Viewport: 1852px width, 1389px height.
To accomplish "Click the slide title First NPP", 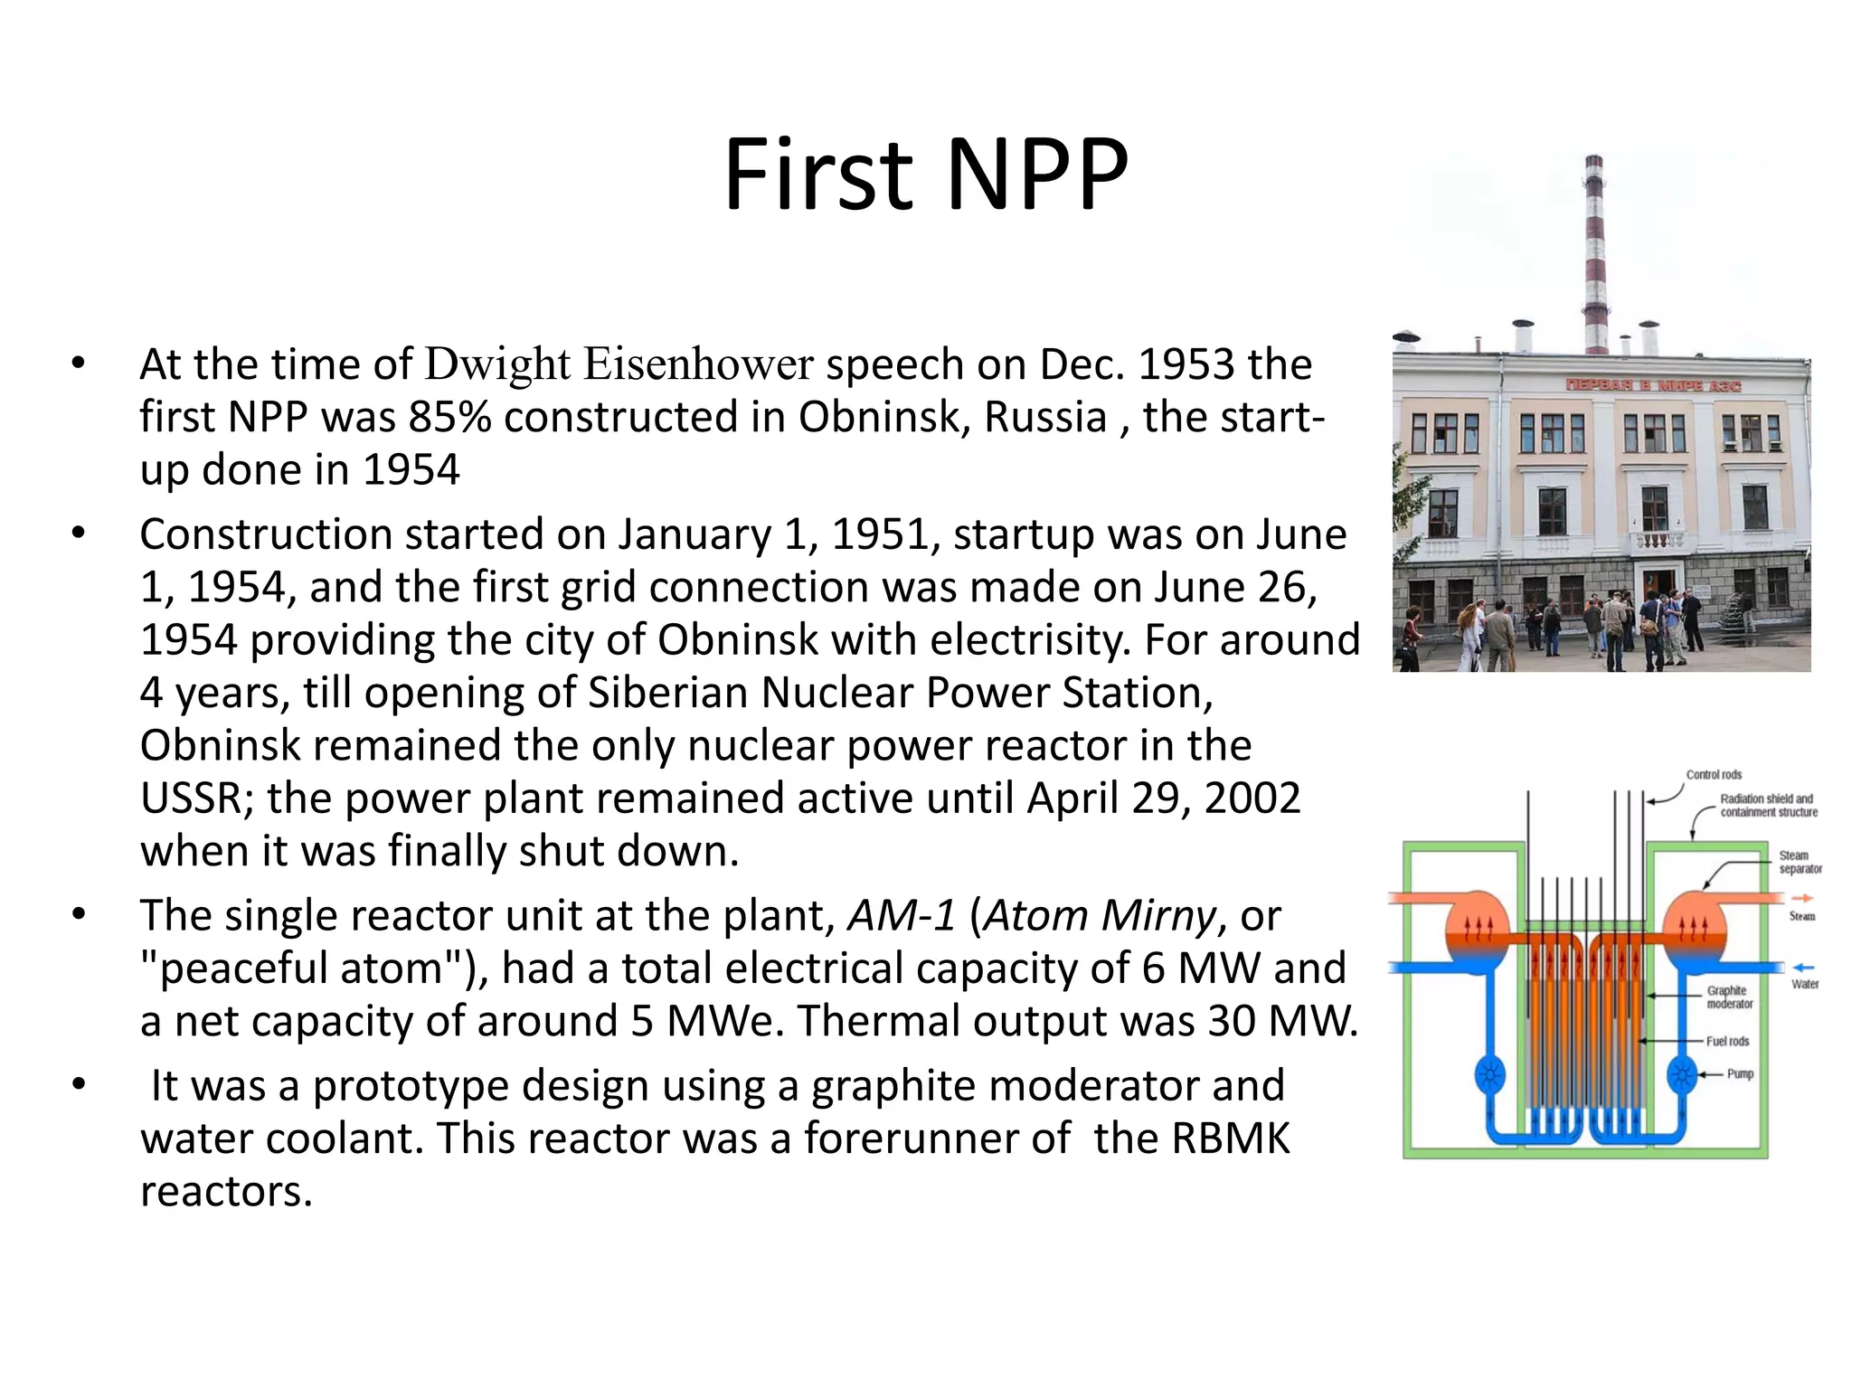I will pyautogui.click(x=925, y=174).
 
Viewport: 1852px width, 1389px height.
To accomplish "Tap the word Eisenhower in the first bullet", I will pyautogui.click(x=698, y=364).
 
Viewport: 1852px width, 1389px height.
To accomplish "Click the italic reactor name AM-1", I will pyautogui.click(x=901, y=915).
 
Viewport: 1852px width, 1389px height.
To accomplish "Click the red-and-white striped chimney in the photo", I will pyautogui.click(x=1595, y=253).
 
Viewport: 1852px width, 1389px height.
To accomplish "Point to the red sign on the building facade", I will pyautogui.click(x=1653, y=386).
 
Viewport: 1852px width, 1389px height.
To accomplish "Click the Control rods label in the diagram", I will pyautogui.click(x=1714, y=775).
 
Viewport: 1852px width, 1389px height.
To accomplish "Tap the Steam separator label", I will pyautogui.click(x=1800, y=862).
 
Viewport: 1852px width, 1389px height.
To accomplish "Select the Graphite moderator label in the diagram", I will pyautogui.click(x=1729, y=997).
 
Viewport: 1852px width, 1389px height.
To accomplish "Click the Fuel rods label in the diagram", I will pyautogui.click(x=1727, y=1042).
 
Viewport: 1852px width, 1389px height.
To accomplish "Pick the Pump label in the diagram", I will pyautogui.click(x=1740, y=1074).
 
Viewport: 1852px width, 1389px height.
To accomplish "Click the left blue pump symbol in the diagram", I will pyautogui.click(x=1489, y=1075).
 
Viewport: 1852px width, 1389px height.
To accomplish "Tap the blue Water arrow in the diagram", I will pyautogui.click(x=1803, y=968).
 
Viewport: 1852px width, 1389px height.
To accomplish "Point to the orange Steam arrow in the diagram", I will pyautogui.click(x=1802, y=898).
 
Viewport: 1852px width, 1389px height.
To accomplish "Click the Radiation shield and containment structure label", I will pyautogui.click(x=1768, y=806).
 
